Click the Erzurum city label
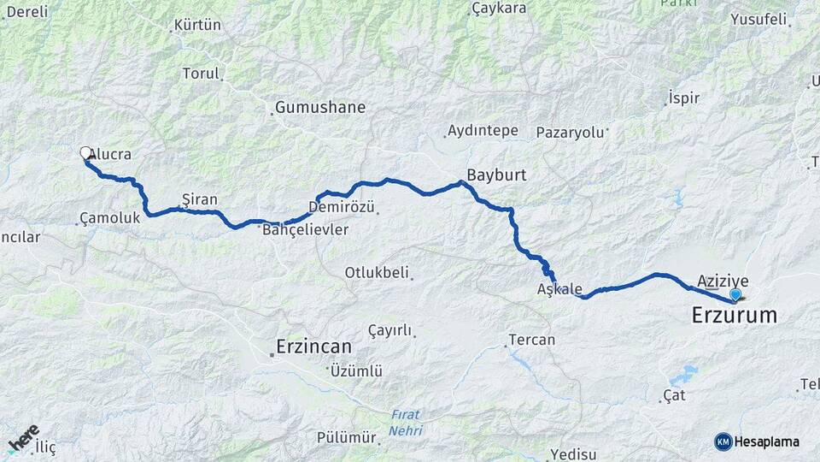pos(734,316)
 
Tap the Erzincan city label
pos(313,347)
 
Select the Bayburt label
pos(495,174)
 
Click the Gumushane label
pos(320,108)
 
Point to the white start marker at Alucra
pos(85,153)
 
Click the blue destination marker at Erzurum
pos(735,294)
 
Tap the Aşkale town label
pos(559,289)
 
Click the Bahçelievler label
pos(306,230)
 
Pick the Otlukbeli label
pos(376,273)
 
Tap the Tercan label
pos(531,340)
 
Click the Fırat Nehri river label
pos(406,423)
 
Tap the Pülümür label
pos(346,437)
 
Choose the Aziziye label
pos(723,281)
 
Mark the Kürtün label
pos(197,25)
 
